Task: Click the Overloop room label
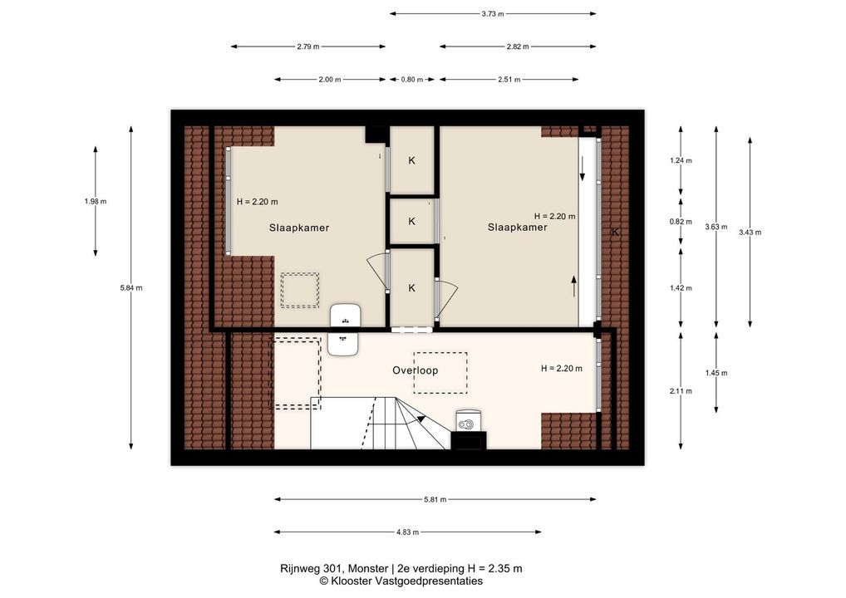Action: point(415,370)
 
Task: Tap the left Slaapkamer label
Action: point(299,228)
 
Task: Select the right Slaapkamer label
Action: point(518,227)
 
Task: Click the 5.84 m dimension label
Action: point(131,288)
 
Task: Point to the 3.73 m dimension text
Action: point(493,14)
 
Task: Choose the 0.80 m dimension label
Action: point(411,80)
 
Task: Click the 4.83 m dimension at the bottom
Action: point(407,532)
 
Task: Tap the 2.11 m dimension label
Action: point(681,391)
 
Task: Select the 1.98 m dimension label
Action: point(96,202)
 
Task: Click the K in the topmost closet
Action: point(411,160)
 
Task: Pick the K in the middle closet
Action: point(411,221)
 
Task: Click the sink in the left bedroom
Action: point(346,315)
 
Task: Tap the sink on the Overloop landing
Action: point(343,344)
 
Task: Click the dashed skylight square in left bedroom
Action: point(299,291)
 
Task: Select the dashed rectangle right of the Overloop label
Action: point(440,373)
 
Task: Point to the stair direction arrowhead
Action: point(421,418)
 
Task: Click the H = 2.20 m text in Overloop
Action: point(562,369)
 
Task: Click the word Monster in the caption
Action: point(368,568)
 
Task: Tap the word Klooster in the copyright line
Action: point(352,581)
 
